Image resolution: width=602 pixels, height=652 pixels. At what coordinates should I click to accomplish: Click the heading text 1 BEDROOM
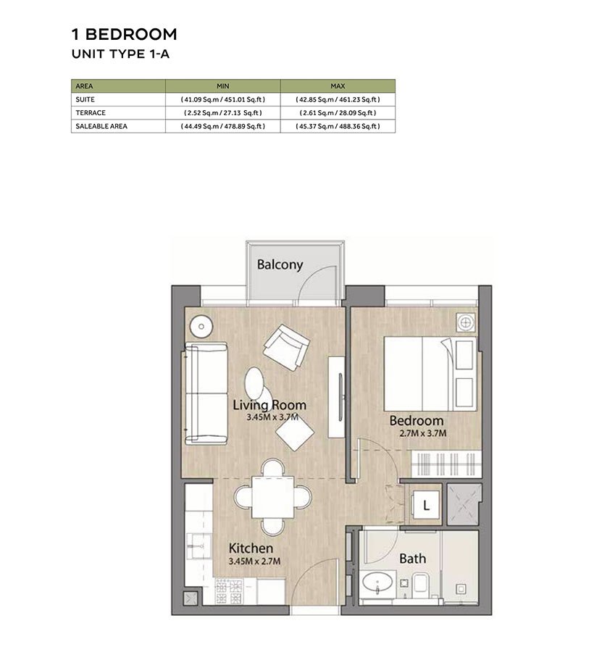(x=124, y=34)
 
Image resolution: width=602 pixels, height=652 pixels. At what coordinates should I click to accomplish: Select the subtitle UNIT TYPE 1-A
(x=120, y=54)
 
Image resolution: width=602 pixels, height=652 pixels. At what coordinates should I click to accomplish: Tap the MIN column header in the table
(x=222, y=85)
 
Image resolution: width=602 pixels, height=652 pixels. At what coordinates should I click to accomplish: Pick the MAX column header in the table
(x=338, y=85)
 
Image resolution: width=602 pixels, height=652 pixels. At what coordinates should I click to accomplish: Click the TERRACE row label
(x=91, y=113)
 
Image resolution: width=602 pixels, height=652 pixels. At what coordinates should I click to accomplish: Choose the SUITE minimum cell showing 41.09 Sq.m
(x=222, y=99)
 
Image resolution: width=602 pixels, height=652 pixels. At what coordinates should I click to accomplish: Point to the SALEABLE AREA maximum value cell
(x=338, y=126)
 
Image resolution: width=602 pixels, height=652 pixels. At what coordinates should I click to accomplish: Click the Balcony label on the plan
(x=280, y=264)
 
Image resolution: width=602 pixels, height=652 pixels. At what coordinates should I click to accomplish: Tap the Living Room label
(x=269, y=405)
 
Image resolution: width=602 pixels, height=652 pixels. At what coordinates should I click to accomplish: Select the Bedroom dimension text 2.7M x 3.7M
(x=417, y=433)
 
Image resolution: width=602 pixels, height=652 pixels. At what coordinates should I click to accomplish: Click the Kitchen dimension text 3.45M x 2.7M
(x=254, y=561)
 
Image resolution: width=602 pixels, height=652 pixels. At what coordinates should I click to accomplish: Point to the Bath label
(x=412, y=559)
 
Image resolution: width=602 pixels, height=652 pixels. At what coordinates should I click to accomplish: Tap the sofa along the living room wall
(x=205, y=393)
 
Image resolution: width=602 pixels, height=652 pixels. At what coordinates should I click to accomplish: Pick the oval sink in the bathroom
(x=377, y=584)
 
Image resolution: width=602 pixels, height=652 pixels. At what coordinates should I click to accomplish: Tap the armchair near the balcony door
(x=285, y=347)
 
